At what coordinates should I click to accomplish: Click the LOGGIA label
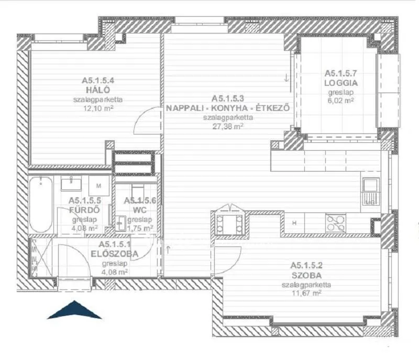341,83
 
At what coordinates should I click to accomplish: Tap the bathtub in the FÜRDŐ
40,205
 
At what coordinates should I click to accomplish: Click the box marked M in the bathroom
98,185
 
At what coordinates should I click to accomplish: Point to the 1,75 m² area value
138,228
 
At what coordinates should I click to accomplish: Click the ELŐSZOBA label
114,254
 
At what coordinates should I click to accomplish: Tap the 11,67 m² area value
309,294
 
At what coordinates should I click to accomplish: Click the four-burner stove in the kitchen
335,223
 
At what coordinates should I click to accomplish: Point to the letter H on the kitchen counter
294,223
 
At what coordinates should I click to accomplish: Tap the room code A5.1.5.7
341,74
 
